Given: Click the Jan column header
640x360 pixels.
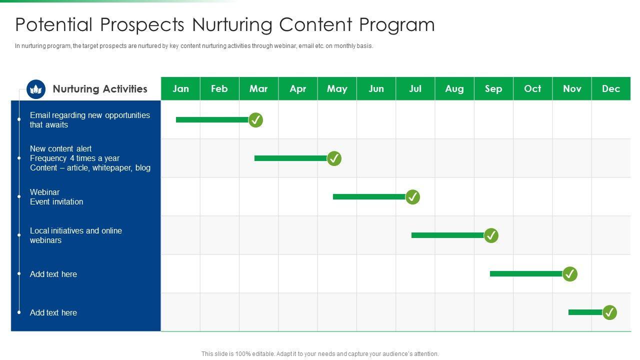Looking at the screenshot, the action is click(x=180, y=88).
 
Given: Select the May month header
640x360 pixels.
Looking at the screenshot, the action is click(x=337, y=88).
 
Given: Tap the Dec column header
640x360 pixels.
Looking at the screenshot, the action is click(x=611, y=88).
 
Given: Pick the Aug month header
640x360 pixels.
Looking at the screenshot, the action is click(x=454, y=88).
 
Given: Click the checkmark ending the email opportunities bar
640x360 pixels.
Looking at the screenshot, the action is click(x=255, y=120).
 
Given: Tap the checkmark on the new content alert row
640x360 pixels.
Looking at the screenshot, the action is click(x=334, y=158).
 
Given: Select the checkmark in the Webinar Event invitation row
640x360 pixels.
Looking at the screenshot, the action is click(x=412, y=197).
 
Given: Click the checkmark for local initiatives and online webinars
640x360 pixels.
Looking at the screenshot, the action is click(x=491, y=235).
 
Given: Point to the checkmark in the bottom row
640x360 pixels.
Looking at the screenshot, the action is click(x=609, y=312).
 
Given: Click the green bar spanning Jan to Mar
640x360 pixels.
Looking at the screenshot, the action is click(x=212, y=119).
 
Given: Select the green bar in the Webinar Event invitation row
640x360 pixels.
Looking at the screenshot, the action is click(x=369, y=196).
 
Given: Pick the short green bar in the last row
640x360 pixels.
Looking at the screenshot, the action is click(x=585, y=312).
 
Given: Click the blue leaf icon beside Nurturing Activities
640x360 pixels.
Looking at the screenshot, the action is click(x=36, y=89).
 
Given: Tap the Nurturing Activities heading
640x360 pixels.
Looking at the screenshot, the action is click(x=100, y=89).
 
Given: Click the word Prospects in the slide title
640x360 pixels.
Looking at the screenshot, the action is click(x=142, y=24).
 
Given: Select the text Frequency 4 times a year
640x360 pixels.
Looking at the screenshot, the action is click(x=74, y=158).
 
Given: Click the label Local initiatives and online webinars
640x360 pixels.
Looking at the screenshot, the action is click(x=76, y=235).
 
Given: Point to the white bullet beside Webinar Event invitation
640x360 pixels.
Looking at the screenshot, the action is click(x=19, y=196).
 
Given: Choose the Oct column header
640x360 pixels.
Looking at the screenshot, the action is click(x=533, y=88).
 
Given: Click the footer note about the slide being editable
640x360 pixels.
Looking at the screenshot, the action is click(x=320, y=353).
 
